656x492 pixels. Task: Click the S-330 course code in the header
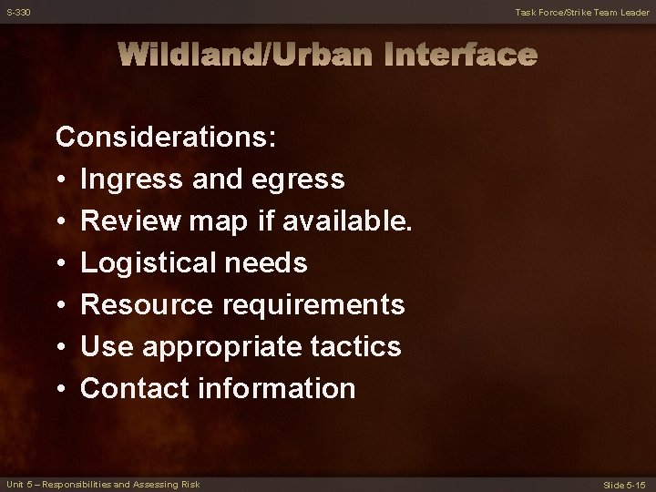(x=16, y=12)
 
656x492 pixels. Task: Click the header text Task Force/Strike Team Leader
(x=581, y=12)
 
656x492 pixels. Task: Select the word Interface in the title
(x=457, y=56)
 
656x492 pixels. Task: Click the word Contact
(x=134, y=389)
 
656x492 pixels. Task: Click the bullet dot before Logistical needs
(x=61, y=264)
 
